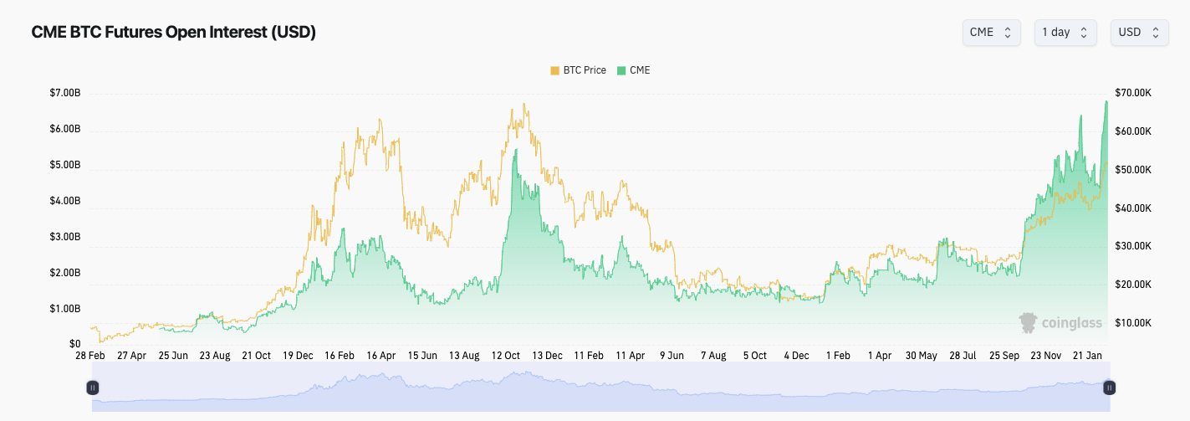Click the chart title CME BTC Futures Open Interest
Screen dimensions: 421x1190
(173, 32)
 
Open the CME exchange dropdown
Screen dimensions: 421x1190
(991, 32)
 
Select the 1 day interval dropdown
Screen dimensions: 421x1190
(1065, 32)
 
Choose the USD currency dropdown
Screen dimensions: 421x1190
(1138, 32)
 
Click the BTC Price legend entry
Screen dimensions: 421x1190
(578, 70)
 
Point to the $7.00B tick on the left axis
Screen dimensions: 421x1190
(65, 93)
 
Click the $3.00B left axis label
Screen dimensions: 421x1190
(65, 237)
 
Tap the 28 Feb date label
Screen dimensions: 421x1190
(89, 356)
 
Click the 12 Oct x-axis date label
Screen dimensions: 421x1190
(506, 356)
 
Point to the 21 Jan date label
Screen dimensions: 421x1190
(1087, 356)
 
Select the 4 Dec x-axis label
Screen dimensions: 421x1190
(796, 356)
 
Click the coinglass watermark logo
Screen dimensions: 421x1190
(1060, 322)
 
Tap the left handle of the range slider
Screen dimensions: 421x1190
(93, 388)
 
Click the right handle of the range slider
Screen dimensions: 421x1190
(1110, 388)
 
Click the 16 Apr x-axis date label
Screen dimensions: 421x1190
(380, 356)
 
